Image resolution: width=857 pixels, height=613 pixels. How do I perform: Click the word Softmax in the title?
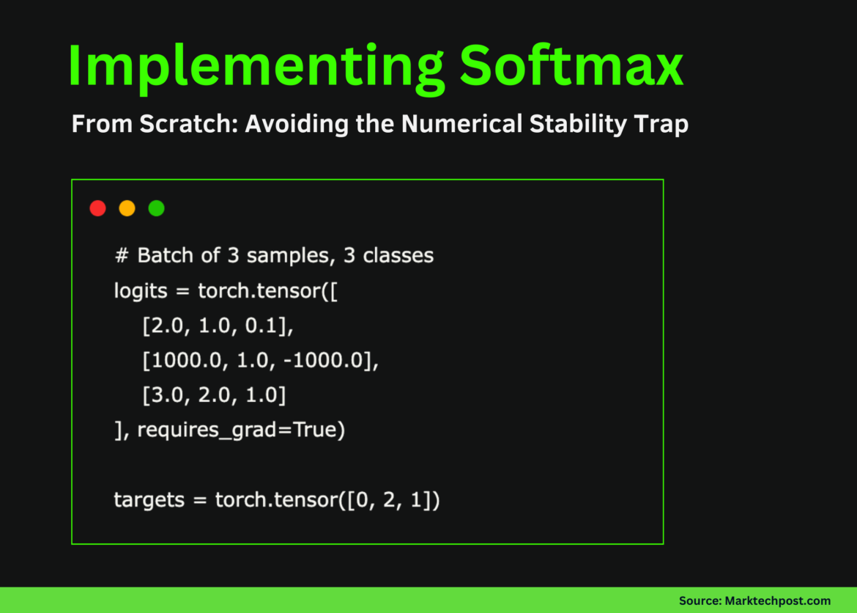click(571, 66)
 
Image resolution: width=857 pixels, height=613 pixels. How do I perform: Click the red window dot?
click(97, 208)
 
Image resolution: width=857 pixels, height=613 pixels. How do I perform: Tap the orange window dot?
click(127, 208)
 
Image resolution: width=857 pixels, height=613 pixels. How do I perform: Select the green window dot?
click(156, 208)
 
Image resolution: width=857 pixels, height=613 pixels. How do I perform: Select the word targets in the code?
click(149, 500)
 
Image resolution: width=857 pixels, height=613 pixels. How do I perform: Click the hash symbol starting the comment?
click(122, 256)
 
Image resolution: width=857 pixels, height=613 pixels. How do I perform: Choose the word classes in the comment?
click(398, 256)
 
